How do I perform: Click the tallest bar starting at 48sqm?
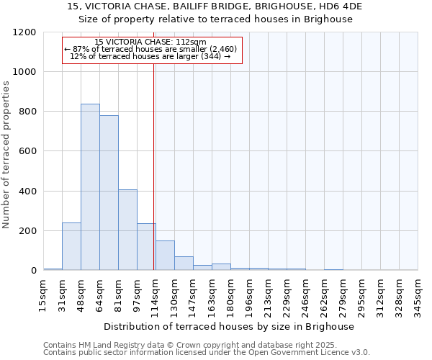(x=90, y=187)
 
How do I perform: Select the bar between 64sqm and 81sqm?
(x=109, y=193)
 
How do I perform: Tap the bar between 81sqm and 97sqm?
(x=127, y=230)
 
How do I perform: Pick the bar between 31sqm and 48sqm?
(x=71, y=246)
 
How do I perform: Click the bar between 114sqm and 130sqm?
(x=165, y=256)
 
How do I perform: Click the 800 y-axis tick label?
(x=27, y=112)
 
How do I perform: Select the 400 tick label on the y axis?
(x=27, y=192)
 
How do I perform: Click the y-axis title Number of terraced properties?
(x=6, y=155)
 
